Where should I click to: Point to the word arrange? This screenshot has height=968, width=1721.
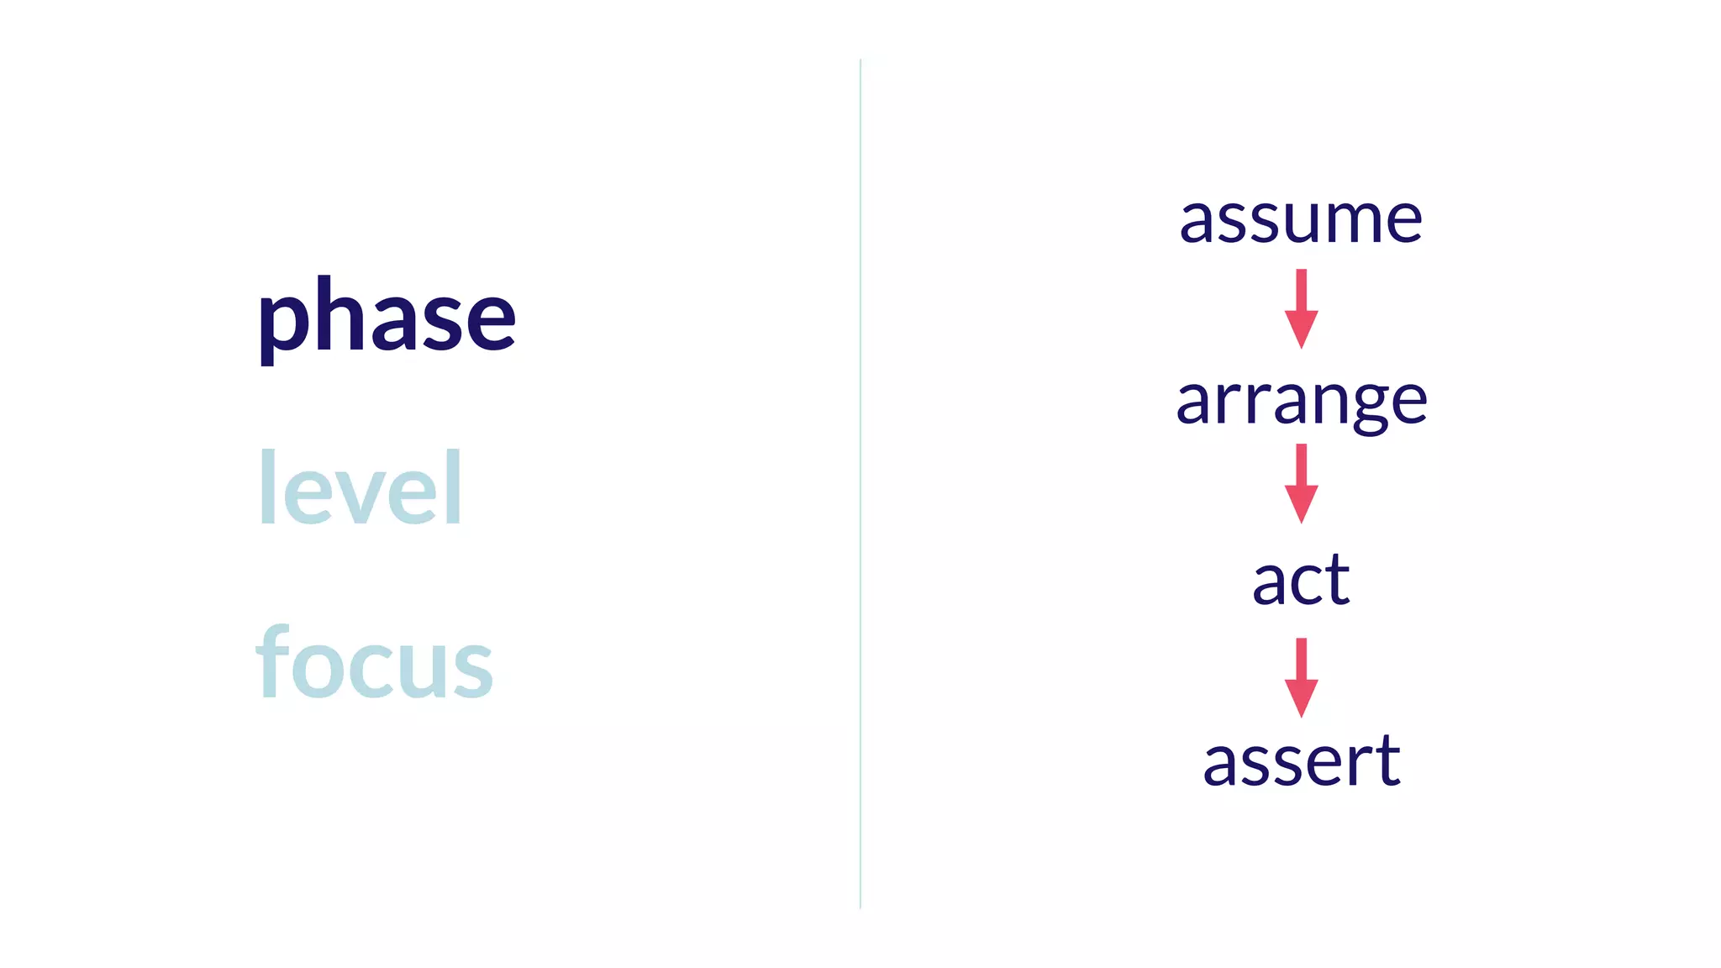coord(1301,402)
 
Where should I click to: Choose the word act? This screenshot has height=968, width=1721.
coord(1301,580)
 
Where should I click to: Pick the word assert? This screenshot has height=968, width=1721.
coord(1301,760)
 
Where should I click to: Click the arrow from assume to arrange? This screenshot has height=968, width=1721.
coord(1301,308)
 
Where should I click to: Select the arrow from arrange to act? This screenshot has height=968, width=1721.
coord(1301,483)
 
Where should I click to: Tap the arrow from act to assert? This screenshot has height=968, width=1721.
coord(1301,677)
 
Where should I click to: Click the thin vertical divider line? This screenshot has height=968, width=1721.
coord(860,484)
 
